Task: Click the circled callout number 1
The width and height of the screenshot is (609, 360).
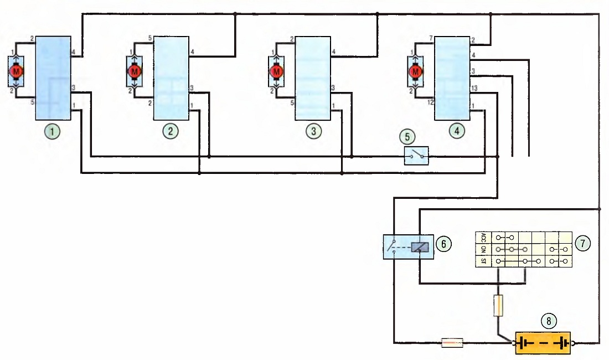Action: tap(53, 131)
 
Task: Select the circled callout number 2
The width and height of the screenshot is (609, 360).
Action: tap(171, 131)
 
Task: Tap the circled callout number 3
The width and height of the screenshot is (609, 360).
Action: tap(313, 131)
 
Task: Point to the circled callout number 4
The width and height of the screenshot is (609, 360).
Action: tap(457, 131)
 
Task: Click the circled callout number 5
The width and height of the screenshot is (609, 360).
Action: tap(407, 137)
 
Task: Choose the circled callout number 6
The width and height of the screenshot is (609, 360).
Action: tap(443, 244)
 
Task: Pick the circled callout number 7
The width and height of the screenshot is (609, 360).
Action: tap(582, 243)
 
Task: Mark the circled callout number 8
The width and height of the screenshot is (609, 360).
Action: tap(549, 321)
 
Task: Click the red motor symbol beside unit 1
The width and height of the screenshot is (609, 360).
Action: tap(16, 71)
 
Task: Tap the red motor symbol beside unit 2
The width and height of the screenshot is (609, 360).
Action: tap(135, 71)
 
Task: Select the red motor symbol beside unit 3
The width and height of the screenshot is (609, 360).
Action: tap(276, 71)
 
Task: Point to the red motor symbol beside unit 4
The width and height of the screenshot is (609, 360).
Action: tap(416, 71)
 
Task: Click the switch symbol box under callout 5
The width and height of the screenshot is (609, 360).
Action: tap(416, 156)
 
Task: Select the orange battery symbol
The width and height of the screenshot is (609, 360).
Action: tap(543, 343)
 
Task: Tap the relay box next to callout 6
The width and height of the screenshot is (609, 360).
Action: tap(409, 246)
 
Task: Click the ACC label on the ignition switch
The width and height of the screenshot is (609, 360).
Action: tap(483, 237)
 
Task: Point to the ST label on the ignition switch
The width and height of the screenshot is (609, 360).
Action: tap(483, 261)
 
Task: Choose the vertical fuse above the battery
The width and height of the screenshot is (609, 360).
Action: tap(498, 305)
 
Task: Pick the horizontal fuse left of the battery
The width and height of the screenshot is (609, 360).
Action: tap(452, 343)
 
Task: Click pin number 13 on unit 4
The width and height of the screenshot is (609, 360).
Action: tap(474, 89)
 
